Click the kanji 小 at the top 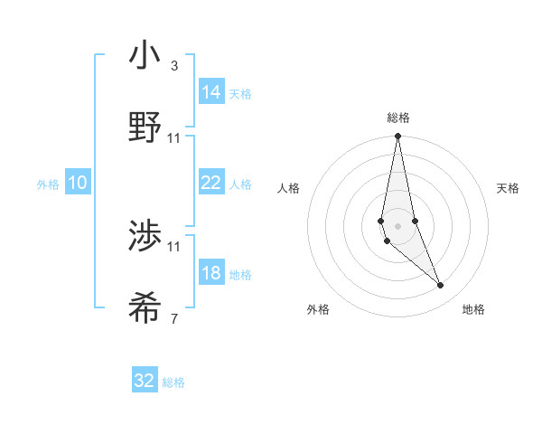[145, 57]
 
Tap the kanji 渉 [145, 237]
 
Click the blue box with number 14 [210, 92]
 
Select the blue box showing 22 [210, 183]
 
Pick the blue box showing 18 [210, 273]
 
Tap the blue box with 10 [78, 183]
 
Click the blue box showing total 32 [145, 381]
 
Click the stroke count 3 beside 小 [173, 66]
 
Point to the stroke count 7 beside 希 [173, 318]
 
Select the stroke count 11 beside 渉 [174, 246]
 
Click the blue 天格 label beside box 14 [240, 94]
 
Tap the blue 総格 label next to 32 [173, 382]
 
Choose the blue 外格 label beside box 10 [48, 184]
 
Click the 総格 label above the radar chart [397, 118]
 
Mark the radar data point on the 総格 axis [397, 137]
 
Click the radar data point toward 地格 [441, 286]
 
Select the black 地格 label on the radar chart [473, 309]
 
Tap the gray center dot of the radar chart [397, 225]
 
